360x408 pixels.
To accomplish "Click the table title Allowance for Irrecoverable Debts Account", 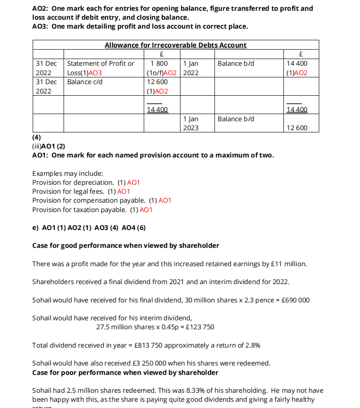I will click(x=176, y=45).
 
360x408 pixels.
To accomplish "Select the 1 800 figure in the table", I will click(x=159, y=64).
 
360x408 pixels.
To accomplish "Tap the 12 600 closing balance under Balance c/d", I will click(x=158, y=82).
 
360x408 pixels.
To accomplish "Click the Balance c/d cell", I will click(x=85, y=82).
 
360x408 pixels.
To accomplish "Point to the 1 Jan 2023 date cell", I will click(x=191, y=123).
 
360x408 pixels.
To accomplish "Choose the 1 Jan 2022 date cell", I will click(x=191, y=68).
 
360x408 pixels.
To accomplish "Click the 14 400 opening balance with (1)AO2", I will click(x=297, y=68).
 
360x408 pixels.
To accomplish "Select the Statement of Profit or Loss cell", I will click(x=100, y=68).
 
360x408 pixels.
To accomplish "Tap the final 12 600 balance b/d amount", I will click(x=297, y=128).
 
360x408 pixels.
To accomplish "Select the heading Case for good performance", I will click(x=126, y=246).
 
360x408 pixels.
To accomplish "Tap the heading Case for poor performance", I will click(x=125, y=372).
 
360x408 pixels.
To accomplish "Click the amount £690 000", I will click(x=294, y=300).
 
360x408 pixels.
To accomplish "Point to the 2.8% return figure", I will click(x=252, y=345).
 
